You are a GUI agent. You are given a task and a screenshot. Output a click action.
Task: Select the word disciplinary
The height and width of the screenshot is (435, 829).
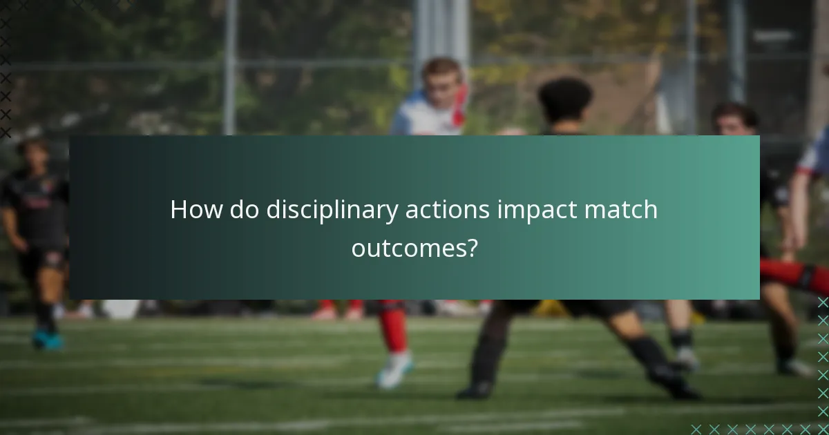331,211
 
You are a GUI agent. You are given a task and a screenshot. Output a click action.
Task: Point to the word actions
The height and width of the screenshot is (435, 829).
447,210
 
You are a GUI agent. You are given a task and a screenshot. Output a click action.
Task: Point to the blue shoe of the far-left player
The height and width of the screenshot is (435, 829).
47,340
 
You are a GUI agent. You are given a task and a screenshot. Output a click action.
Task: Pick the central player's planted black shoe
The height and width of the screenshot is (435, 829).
475,390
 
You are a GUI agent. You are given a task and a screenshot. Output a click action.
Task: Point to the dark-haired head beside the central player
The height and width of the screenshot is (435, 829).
735,119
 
